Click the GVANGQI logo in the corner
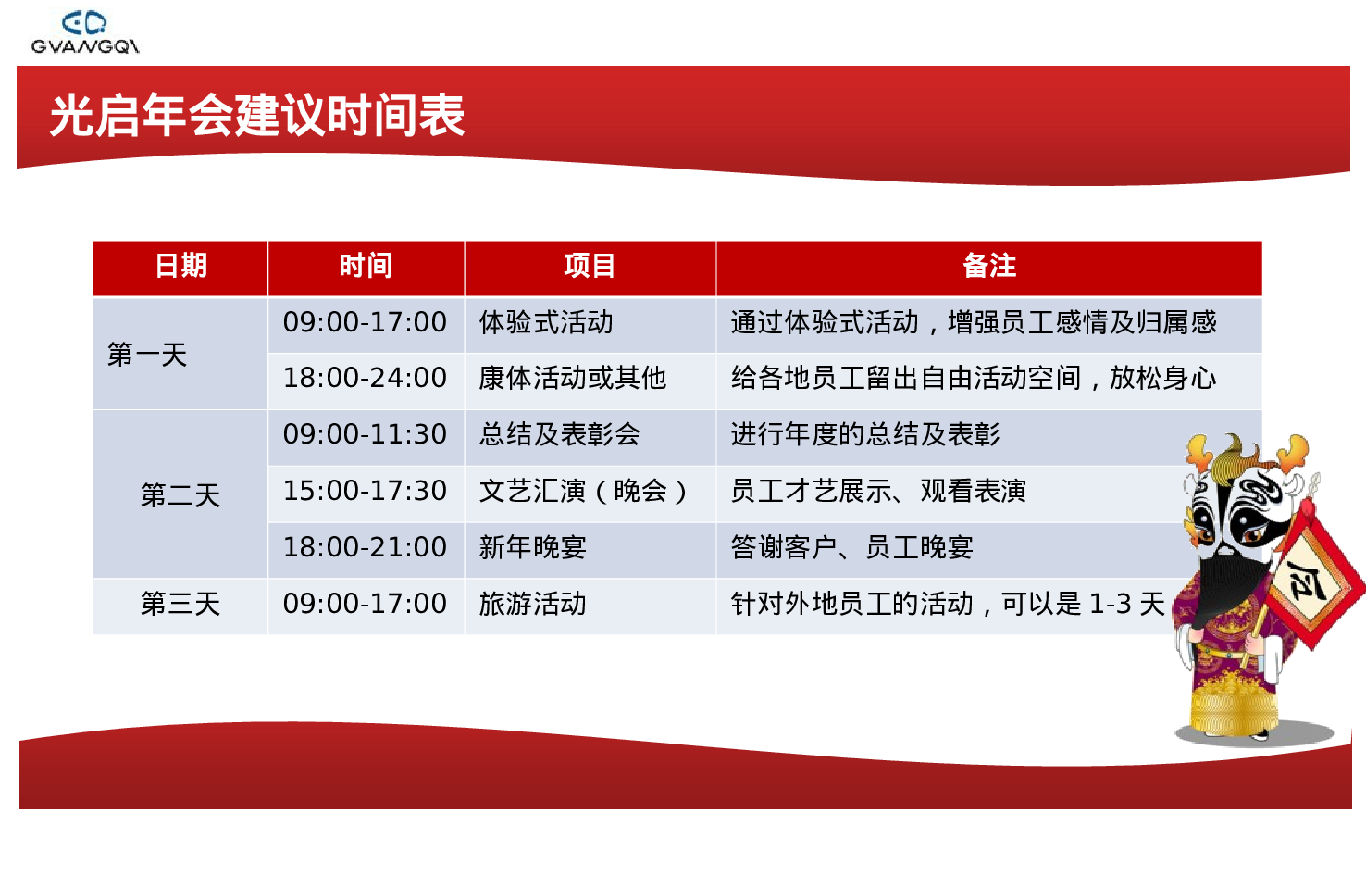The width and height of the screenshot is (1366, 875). (x=85, y=32)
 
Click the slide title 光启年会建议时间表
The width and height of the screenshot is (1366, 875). (x=256, y=116)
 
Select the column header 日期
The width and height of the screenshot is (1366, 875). (x=180, y=267)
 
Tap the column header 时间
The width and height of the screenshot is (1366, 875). (x=366, y=267)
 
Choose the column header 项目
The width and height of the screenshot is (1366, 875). (x=590, y=267)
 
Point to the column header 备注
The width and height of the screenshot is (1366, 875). (x=988, y=267)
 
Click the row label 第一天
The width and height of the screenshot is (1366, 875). (x=147, y=354)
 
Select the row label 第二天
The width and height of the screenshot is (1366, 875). (x=180, y=495)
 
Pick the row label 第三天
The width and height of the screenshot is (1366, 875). (x=180, y=605)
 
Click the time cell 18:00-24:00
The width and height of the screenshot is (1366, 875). (x=365, y=379)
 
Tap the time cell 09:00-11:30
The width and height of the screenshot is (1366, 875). (x=365, y=435)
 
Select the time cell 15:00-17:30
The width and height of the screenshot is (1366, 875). (x=365, y=492)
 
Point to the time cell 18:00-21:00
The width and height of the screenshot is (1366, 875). (x=365, y=548)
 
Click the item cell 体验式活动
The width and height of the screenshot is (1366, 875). (x=546, y=322)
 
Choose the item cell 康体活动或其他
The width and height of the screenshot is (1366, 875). (x=572, y=379)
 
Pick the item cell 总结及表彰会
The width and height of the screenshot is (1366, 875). (x=559, y=435)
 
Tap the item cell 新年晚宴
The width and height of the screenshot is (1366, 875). (x=532, y=548)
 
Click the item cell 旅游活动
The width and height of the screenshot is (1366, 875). (x=532, y=605)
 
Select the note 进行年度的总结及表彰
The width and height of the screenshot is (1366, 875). (x=864, y=435)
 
